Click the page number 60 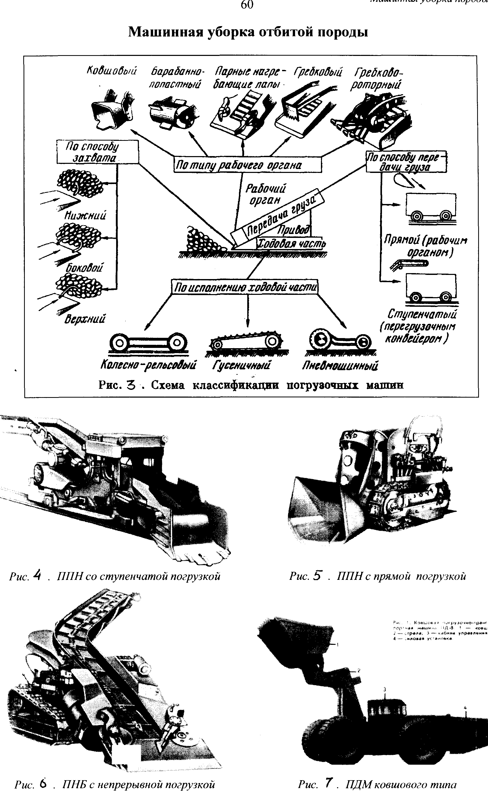[247, 5]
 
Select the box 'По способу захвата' [97, 152]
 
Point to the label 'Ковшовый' [112, 71]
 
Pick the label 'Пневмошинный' [340, 365]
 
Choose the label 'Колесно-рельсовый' [148, 365]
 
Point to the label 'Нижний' [85, 215]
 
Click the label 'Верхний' [85, 319]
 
